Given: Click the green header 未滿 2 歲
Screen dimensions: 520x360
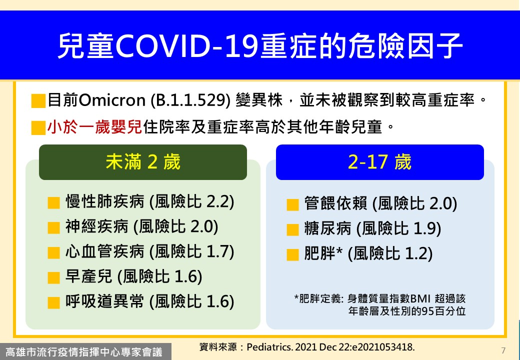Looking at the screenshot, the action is click(x=143, y=162).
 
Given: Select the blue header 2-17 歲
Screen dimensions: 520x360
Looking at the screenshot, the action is click(x=379, y=162).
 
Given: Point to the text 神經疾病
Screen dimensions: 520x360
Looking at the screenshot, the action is click(x=97, y=226).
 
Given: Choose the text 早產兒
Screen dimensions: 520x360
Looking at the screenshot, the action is click(x=89, y=276).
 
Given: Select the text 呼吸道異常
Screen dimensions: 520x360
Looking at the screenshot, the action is click(x=105, y=301).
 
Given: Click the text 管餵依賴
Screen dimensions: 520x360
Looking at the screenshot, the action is click(x=335, y=203).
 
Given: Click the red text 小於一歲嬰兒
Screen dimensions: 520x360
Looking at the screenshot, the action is click(x=95, y=127).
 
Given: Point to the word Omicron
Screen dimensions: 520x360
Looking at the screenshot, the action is click(x=112, y=100).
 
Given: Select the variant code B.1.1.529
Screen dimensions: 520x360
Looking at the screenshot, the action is click(x=190, y=100).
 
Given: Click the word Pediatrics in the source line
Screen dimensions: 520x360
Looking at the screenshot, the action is click(x=269, y=347).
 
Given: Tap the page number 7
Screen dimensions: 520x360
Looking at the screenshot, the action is click(x=503, y=350).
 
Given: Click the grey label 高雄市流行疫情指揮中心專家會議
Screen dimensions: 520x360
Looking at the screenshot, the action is click(x=84, y=351).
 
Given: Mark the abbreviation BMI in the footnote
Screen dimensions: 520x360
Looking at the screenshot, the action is click(x=420, y=298).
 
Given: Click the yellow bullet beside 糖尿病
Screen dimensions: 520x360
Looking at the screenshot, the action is click(x=292, y=229).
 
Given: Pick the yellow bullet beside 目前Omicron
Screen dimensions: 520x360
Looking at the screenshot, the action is click(x=38, y=101).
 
